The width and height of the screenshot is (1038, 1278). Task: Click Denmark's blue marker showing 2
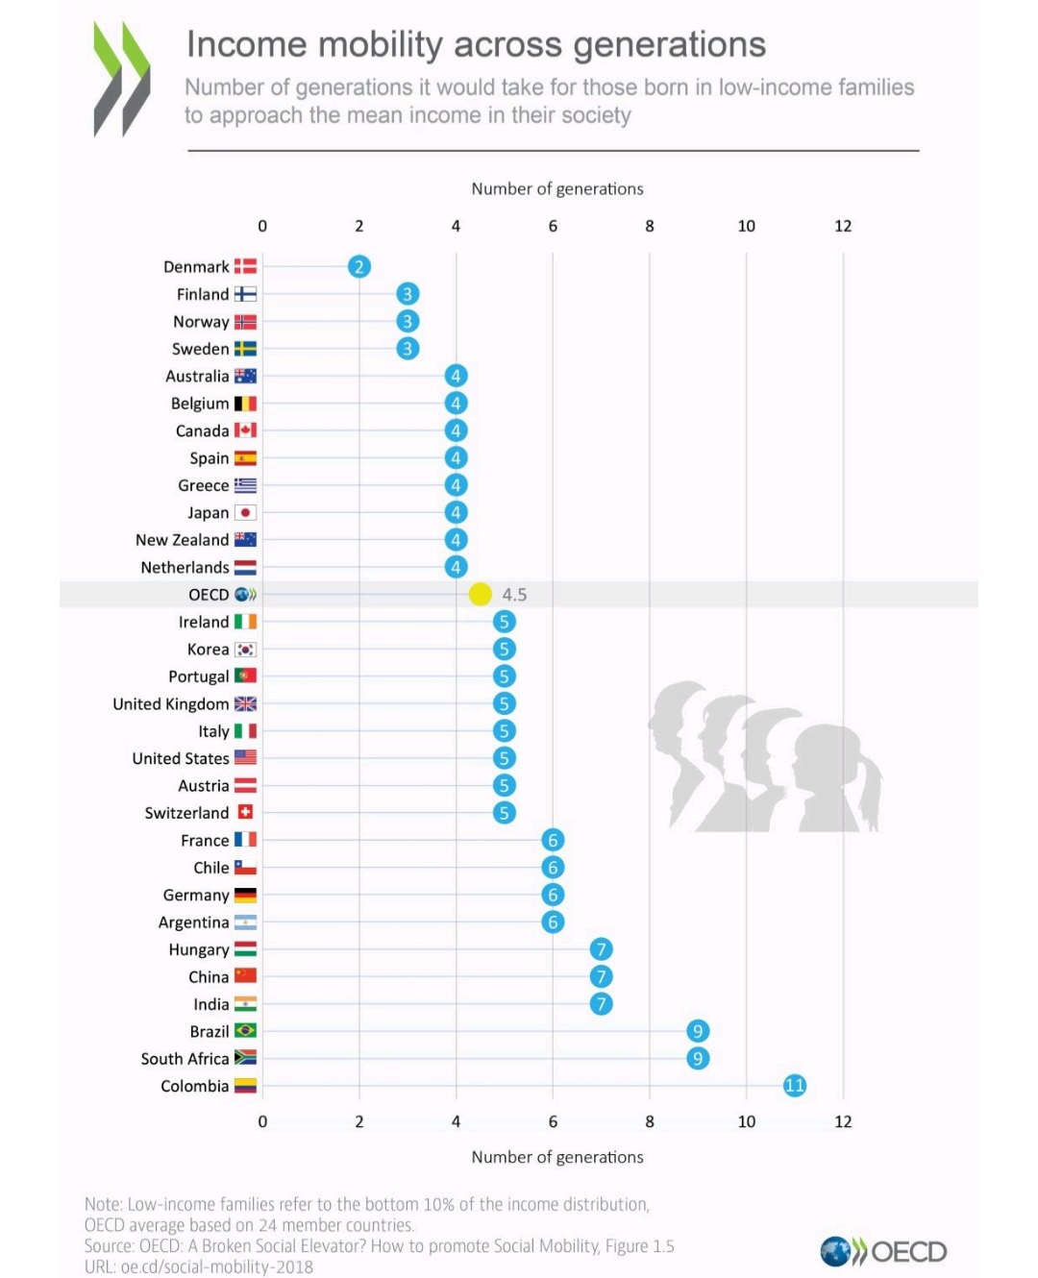pyautogui.click(x=359, y=267)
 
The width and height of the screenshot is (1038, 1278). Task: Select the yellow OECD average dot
pyautogui.click(x=480, y=595)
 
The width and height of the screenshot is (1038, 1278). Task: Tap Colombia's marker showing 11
pyautogui.click(x=795, y=1086)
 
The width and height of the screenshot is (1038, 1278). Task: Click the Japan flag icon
pyautogui.click(x=245, y=513)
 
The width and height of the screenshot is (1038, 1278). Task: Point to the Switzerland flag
pyautogui.click(x=245, y=813)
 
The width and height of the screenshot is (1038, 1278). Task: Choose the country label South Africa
pyautogui.click(x=185, y=1059)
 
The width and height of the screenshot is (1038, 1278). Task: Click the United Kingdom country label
pyautogui.click(x=170, y=704)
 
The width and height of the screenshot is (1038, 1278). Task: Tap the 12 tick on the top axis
pyautogui.click(x=843, y=227)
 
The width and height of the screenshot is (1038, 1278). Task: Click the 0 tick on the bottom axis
pyautogui.click(x=262, y=1122)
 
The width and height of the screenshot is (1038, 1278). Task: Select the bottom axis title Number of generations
pyautogui.click(x=557, y=1158)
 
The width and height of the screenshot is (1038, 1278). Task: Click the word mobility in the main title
pyautogui.click(x=381, y=45)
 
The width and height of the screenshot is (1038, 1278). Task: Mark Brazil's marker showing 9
pyautogui.click(x=698, y=1031)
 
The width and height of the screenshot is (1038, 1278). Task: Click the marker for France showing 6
pyautogui.click(x=553, y=841)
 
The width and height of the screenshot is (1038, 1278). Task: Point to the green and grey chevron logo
pyautogui.click(x=122, y=79)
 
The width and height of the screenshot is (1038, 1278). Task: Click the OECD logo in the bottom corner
pyautogui.click(x=883, y=1251)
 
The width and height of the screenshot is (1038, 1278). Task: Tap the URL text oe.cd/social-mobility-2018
pyautogui.click(x=216, y=1267)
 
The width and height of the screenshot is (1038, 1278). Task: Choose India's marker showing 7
pyautogui.click(x=602, y=1004)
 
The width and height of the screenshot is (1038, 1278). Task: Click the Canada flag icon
pyautogui.click(x=245, y=430)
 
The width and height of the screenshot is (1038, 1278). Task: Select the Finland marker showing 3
pyautogui.click(x=408, y=294)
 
